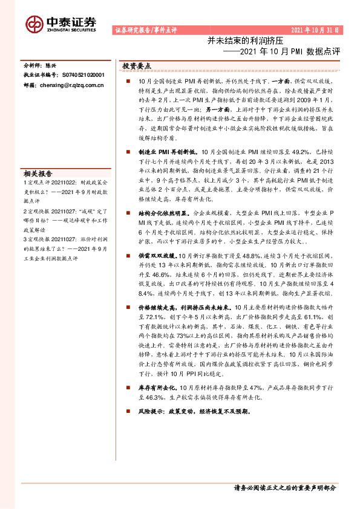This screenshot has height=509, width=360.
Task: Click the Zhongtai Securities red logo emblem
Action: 35,24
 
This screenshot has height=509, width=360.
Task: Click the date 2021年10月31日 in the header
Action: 316,30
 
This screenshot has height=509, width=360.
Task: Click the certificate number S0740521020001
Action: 83,74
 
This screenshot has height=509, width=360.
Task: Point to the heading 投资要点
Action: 136,65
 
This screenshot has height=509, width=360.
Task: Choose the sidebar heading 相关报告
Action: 37,172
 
